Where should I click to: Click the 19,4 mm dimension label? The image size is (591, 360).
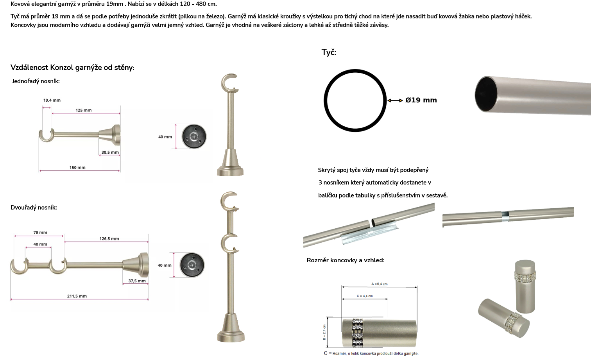[x=52, y=100]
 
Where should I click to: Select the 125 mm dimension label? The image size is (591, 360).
[x=84, y=110]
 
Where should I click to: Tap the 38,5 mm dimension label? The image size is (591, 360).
[x=110, y=152]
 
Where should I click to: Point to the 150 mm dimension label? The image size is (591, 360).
[x=77, y=168]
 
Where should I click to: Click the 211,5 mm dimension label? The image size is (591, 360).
[x=77, y=296]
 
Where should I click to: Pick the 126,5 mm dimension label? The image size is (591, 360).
[x=109, y=238]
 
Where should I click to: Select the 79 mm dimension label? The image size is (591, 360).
[x=40, y=233]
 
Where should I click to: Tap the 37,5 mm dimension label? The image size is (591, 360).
[x=137, y=281]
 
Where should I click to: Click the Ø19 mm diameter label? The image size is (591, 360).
[x=421, y=100]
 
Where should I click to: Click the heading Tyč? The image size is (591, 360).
[x=329, y=52]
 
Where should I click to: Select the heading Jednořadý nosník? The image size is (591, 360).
[x=36, y=81]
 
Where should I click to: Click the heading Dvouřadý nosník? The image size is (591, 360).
[x=34, y=208]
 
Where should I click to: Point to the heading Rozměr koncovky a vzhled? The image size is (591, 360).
[x=346, y=260]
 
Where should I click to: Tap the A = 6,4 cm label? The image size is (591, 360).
[x=380, y=284]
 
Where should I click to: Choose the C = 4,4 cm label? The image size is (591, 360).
[x=365, y=296]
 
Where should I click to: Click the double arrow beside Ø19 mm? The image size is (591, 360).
[x=395, y=100]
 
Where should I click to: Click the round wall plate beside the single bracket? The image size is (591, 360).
[x=194, y=136]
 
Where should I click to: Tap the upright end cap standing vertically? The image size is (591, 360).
[x=525, y=287]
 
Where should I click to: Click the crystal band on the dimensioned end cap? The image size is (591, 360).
[x=358, y=333]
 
